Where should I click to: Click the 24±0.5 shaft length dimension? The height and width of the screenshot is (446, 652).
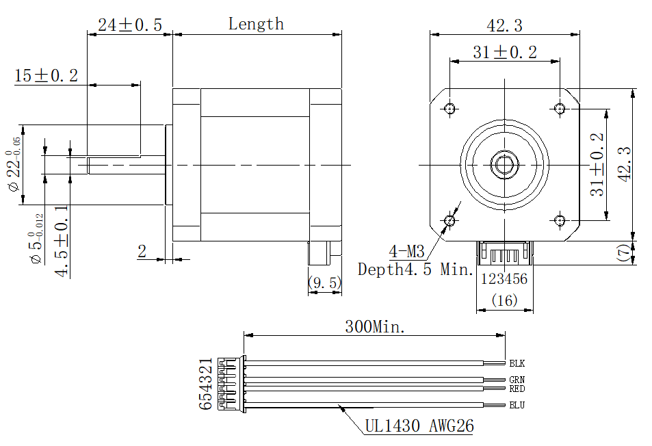[130, 25]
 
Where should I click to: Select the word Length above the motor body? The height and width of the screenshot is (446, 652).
[256, 24]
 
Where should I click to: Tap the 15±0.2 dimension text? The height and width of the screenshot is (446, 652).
[46, 76]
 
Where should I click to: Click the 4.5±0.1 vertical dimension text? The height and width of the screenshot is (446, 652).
[61, 242]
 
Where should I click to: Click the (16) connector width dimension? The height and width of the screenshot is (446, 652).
[504, 300]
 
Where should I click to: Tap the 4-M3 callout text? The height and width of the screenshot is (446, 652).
[406, 251]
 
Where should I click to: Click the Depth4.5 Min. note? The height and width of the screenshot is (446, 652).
[415, 270]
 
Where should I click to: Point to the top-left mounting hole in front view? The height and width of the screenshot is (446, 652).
[449, 108]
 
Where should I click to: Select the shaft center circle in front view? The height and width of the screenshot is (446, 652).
[505, 164]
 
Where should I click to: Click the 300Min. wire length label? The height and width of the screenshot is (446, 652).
[374, 326]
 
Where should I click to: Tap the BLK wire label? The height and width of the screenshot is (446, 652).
[517, 363]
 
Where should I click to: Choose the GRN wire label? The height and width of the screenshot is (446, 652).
[517, 380]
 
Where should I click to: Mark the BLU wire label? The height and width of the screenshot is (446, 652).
[517, 405]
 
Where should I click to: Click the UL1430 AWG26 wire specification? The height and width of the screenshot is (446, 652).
[419, 426]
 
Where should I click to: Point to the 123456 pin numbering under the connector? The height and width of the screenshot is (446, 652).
[504, 279]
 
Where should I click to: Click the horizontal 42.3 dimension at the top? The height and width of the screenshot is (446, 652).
[504, 25]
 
